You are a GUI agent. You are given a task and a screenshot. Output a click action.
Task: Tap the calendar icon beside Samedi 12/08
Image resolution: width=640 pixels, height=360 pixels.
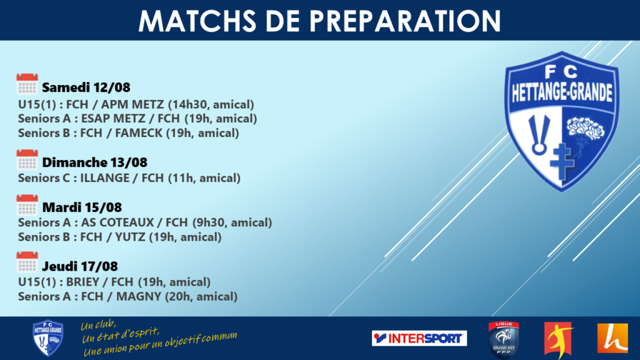pos(27,84)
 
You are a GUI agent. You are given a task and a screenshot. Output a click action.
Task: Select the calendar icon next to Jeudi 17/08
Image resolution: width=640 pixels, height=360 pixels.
pos(27,262)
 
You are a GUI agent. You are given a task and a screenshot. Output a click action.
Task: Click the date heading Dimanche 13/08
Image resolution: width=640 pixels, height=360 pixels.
pos(95,162)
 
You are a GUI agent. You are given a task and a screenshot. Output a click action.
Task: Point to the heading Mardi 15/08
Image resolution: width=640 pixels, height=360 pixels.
pos(82,207)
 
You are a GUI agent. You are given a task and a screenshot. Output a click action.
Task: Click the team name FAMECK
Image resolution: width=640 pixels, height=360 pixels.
pos(139,133)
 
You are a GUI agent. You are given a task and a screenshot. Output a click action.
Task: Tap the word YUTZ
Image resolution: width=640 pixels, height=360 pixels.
pos(130,237)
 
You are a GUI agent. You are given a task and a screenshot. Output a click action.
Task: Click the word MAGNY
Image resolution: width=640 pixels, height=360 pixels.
pos(139,297)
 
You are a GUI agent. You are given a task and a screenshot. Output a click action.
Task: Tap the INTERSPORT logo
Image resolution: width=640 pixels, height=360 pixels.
pos(419,338)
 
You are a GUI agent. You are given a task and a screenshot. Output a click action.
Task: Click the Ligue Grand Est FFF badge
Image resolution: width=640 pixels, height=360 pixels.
pos(504,339)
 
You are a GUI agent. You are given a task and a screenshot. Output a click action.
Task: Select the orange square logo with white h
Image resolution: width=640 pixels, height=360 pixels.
pos(612,338)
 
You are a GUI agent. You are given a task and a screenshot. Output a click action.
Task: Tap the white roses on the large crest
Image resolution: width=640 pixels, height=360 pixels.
pos(586,127)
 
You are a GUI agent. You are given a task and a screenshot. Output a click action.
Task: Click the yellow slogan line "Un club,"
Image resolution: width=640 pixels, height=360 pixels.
pos(98,325)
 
